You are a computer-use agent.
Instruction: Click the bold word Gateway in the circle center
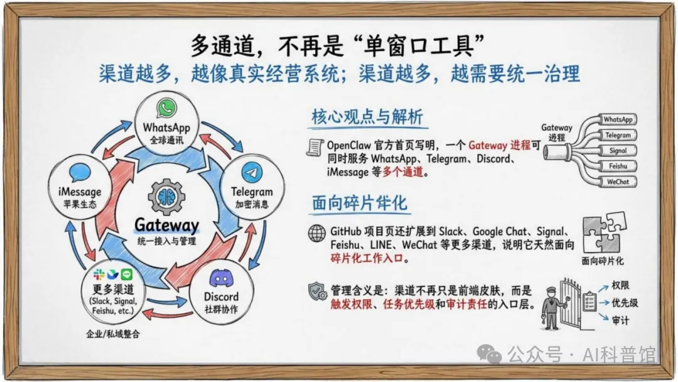[166, 226]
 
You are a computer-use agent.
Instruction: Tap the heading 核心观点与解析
[367, 117]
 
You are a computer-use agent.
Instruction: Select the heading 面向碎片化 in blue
[359, 203]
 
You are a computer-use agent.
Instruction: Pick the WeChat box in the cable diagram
[617, 182]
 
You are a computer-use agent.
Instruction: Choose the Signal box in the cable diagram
[617, 151]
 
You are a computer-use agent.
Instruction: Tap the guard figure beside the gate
[551, 305]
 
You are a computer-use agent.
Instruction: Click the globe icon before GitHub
[317, 232]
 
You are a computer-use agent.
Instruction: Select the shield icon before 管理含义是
[317, 291]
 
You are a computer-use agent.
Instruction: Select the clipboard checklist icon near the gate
[589, 302]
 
